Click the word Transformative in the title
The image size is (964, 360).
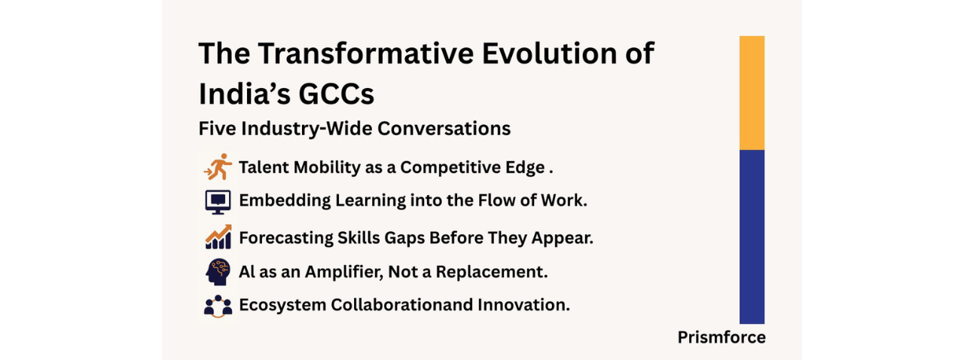click(365, 53)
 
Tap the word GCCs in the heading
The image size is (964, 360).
click(336, 94)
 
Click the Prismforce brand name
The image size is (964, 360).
click(721, 337)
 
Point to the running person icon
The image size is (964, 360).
click(218, 166)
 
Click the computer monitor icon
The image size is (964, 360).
click(218, 202)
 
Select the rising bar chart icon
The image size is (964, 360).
click(218, 236)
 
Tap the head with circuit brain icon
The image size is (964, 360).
click(218, 272)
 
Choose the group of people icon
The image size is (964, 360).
click(218, 307)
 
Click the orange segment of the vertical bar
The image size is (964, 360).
click(752, 93)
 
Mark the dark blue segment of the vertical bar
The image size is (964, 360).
click(752, 236)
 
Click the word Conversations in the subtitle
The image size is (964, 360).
click(444, 128)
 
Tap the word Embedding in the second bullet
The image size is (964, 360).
click(285, 200)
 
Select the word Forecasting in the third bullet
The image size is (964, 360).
click(285, 238)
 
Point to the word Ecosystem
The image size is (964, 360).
click(282, 305)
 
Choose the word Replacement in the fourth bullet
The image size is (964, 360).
click(492, 272)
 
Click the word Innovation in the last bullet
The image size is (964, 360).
click(523, 305)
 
